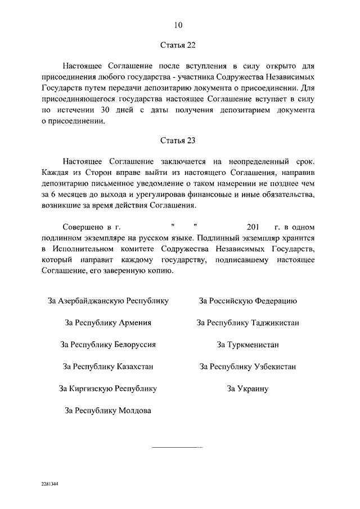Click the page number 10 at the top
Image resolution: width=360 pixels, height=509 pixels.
click(x=178, y=25)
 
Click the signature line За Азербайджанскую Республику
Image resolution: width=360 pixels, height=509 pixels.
click(x=109, y=301)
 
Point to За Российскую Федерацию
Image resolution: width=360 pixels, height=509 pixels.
click(x=247, y=301)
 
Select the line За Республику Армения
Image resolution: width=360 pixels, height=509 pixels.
click(x=109, y=323)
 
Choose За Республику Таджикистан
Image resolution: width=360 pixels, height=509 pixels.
click(x=247, y=323)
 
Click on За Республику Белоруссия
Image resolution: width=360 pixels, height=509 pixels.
click(x=108, y=345)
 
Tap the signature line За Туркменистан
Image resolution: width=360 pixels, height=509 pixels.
click(x=247, y=345)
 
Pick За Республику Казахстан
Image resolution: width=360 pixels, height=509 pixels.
click(x=109, y=367)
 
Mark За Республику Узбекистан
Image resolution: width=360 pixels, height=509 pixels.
click(x=247, y=367)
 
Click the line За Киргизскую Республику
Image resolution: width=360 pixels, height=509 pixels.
click(x=108, y=389)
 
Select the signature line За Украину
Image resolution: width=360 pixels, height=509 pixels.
click(x=247, y=389)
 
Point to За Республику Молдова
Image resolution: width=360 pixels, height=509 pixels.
click(x=108, y=411)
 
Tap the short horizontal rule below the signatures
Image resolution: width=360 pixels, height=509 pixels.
click(x=178, y=447)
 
